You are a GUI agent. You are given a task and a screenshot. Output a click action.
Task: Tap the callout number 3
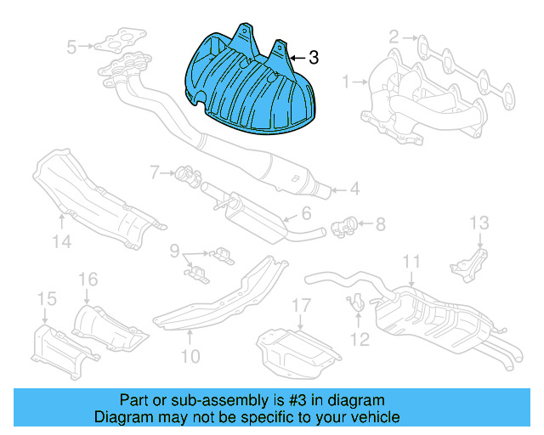pyautogui.click(x=314, y=58)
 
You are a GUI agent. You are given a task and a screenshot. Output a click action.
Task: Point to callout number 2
pyautogui.click(x=394, y=37)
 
